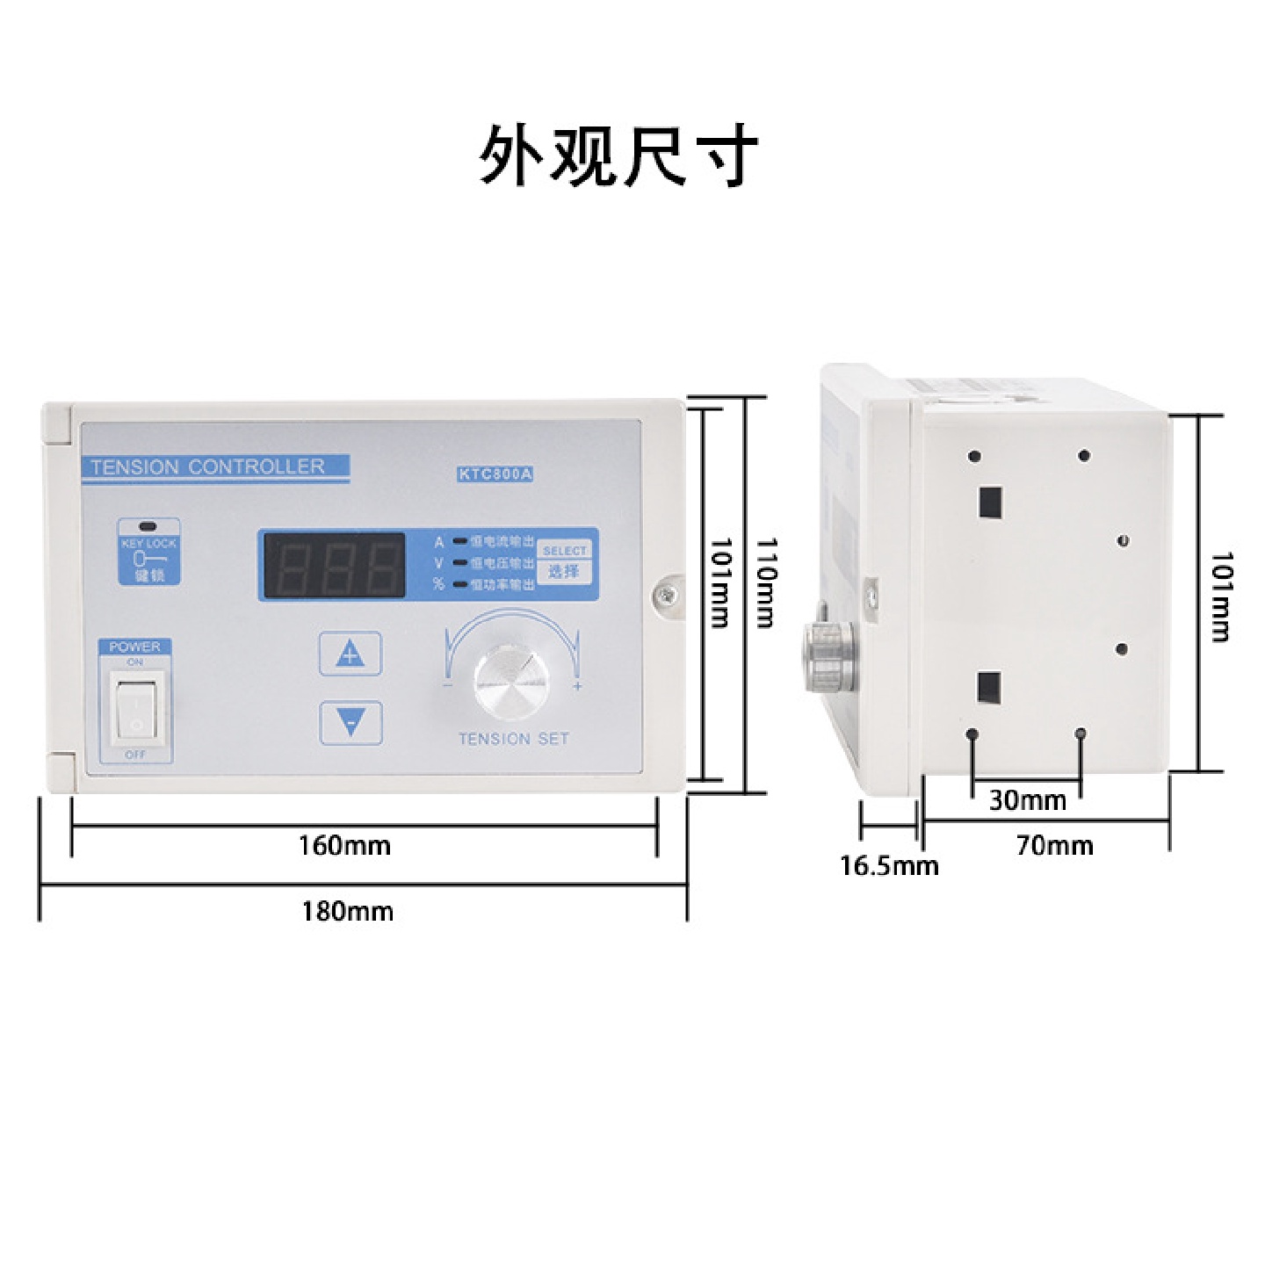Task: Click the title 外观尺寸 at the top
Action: pos(618,155)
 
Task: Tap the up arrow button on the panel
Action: pos(350,654)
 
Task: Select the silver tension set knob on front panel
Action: pos(511,681)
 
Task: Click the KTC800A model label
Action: pos(495,474)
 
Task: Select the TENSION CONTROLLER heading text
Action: pos(208,466)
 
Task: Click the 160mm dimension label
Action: pos(344,845)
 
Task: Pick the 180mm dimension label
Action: pos(347,911)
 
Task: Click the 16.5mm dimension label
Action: pos(889,866)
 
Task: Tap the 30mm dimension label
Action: pos(1027,800)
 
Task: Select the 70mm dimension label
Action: pos(1054,846)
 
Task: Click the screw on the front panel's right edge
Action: pos(667,596)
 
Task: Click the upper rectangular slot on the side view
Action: pos(990,502)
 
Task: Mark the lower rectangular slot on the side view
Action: pos(989,688)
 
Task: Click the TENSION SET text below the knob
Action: pos(514,739)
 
